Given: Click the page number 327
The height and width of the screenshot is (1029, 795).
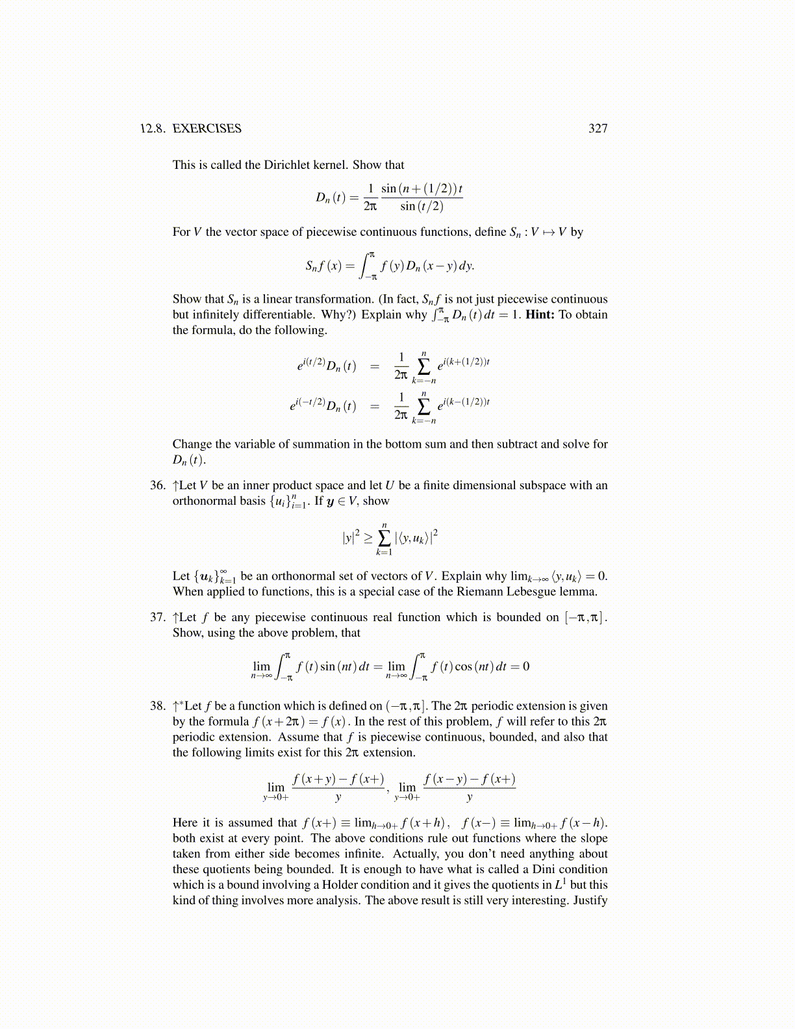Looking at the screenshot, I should point(598,129).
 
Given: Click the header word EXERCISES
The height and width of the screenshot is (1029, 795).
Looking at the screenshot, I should point(207,129).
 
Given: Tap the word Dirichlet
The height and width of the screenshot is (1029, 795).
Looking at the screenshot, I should point(287,165).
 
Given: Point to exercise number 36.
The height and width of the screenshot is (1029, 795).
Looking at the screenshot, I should point(158,485).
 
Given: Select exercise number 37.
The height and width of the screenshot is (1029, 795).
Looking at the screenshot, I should point(158,617).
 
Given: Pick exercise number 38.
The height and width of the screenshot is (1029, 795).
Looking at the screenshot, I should point(158,706).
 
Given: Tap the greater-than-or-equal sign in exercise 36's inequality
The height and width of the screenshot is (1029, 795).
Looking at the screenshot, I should point(368,538).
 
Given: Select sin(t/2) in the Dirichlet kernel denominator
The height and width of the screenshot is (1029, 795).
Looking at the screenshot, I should point(422,207).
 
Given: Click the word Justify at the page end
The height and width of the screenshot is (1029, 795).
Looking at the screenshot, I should point(590,900).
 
